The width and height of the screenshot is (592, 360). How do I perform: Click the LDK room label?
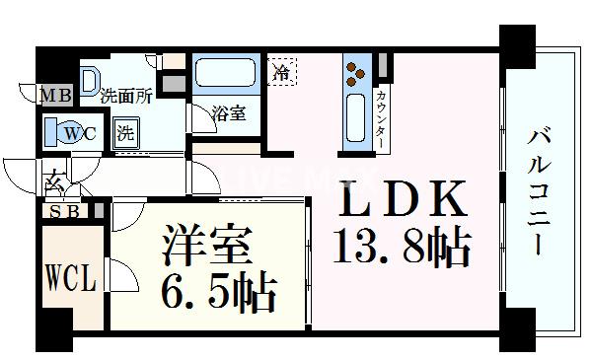(x=404, y=203)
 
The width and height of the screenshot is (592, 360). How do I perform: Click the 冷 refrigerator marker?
(x=283, y=73)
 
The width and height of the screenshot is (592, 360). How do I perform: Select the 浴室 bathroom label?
(x=229, y=114)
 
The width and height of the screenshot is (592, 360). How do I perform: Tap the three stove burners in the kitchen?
(x=356, y=72)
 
